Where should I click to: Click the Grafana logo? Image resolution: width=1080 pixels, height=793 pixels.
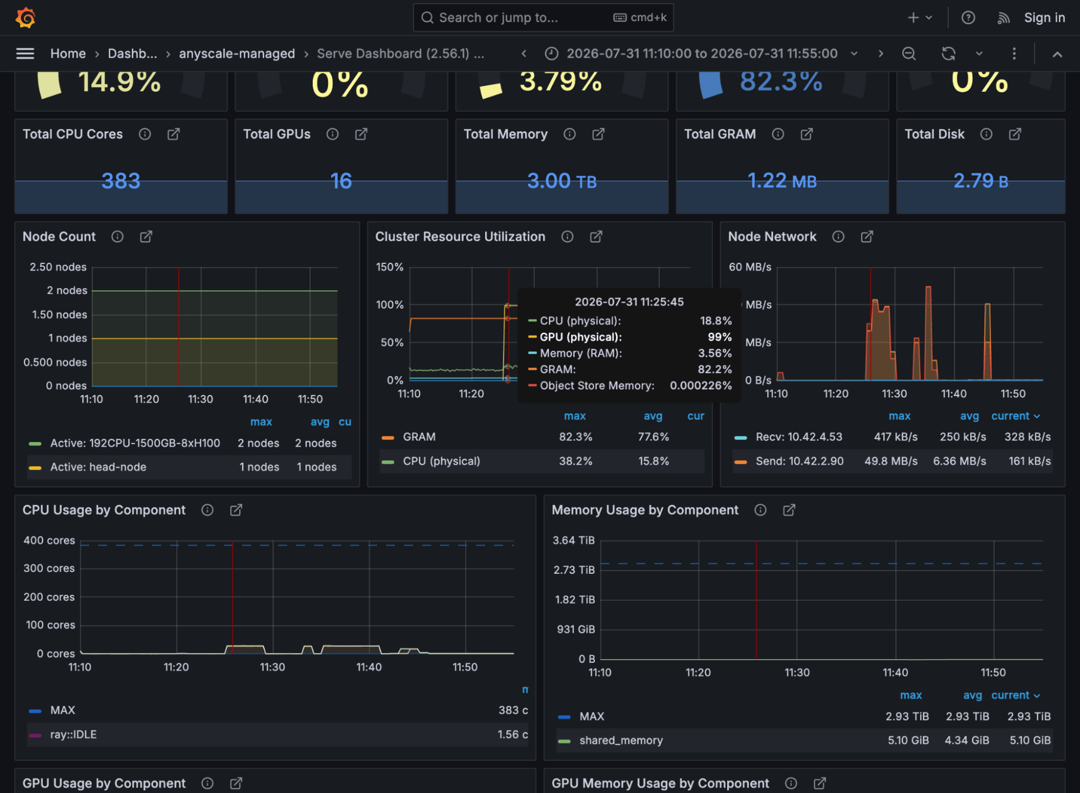pyautogui.click(x=25, y=18)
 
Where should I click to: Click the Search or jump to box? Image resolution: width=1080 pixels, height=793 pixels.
pyautogui.click(x=543, y=18)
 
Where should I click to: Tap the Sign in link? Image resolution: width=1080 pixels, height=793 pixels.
pyautogui.click(x=1044, y=18)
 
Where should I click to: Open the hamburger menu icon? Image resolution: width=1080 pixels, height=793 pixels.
pyautogui.click(x=25, y=53)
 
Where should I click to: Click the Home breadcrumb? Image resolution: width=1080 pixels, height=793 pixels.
pyautogui.click(x=68, y=53)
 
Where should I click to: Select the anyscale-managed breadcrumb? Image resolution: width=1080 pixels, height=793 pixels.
pyautogui.click(x=237, y=53)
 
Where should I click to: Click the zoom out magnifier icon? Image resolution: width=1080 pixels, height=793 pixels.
pyautogui.click(x=909, y=53)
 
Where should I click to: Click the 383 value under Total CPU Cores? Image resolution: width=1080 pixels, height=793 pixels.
pyautogui.click(x=121, y=181)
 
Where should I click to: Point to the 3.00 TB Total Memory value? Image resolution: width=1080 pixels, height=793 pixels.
pyautogui.click(x=562, y=181)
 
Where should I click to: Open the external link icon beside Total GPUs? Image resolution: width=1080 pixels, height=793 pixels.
pyautogui.click(x=361, y=134)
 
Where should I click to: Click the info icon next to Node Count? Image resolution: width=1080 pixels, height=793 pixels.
pyautogui.click(x=117, y=236)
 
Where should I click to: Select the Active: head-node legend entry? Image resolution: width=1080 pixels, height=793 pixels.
pyautogui.click(x=98, y=467)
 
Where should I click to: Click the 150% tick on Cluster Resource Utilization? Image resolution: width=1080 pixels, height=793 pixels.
pyautogui.click(x=390, y=267)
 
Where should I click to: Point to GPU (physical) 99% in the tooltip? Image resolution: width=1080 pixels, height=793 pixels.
pyautogui.click(x=630, y=337)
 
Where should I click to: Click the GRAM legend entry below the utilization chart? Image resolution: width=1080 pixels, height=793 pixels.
pyautogui.click(x=419, y=437)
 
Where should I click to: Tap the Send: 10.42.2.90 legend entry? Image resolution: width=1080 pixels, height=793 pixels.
pyautogui.click(x=800, y=461)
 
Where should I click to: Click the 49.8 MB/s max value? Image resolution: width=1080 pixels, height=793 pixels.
pyautogui.click(x=891, y=461)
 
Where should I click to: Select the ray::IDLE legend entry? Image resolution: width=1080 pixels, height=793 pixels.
pyautogui.click(x=73, y=734)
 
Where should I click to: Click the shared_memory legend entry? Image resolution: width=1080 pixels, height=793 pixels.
pyautogui.click(x=621, y=740)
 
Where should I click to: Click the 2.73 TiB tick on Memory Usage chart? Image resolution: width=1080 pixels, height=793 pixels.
pyautogui.click(x=574, y=570)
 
